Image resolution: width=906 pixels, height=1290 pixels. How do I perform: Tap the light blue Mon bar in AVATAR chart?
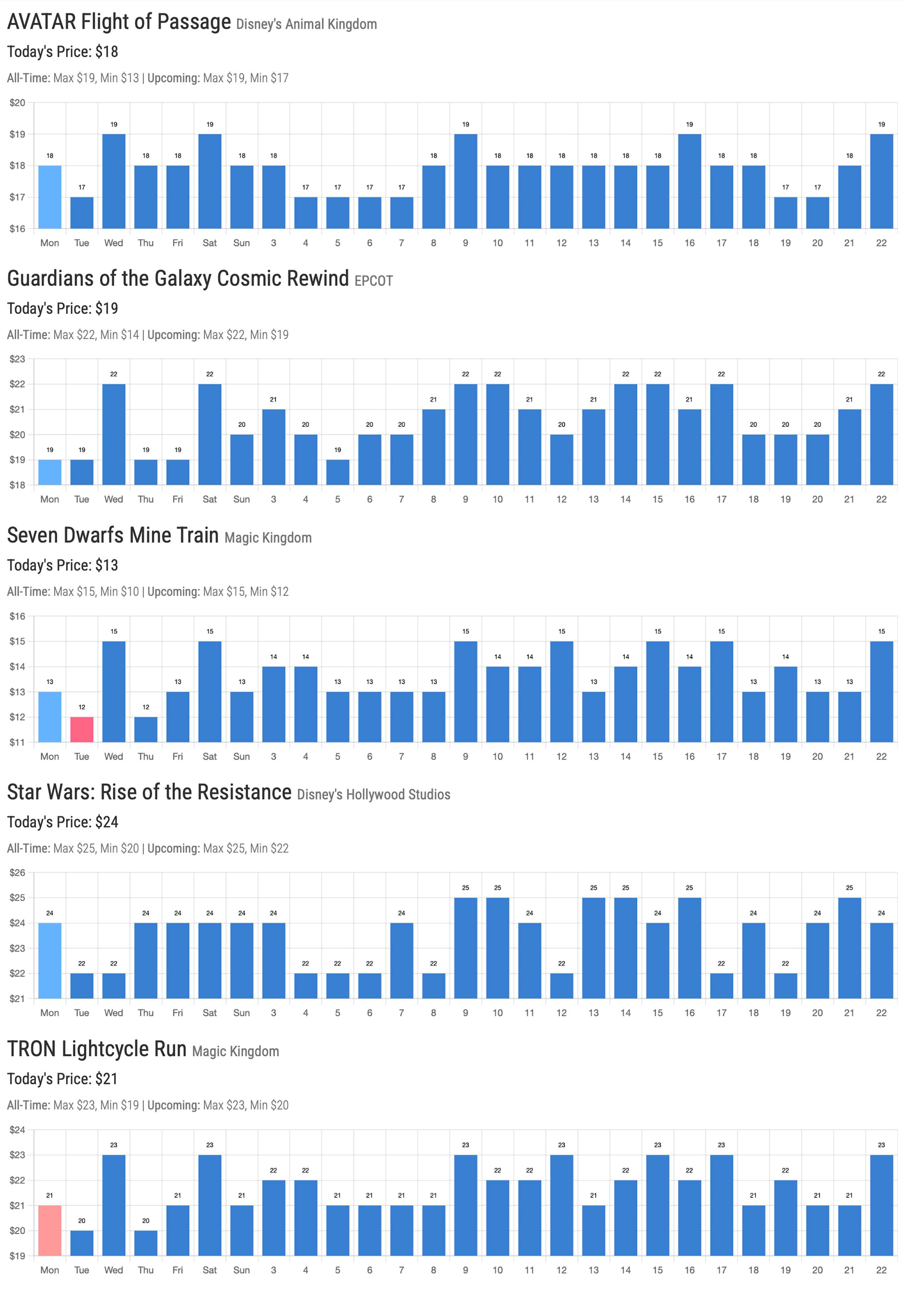(50, 197)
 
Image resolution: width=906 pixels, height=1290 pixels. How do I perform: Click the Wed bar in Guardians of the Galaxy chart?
(114, 434)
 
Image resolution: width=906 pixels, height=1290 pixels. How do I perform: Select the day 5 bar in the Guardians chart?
(338, 472)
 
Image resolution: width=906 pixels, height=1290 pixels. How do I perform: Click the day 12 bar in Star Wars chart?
(562, 986)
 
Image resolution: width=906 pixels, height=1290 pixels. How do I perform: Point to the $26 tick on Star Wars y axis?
(17, 872)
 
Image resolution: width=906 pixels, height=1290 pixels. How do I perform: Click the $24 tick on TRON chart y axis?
(17, 1130)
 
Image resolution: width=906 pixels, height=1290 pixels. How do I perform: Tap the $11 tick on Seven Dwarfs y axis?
(17, 742)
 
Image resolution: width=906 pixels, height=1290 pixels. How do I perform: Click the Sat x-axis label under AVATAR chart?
(210, 243)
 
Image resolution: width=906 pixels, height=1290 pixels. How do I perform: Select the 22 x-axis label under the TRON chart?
(881, 1270)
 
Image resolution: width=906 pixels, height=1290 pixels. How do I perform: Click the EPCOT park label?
(373, 281)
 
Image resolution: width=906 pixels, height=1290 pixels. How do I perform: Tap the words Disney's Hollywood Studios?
(373, 795)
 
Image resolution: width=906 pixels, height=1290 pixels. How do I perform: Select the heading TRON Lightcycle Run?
(97, 1049)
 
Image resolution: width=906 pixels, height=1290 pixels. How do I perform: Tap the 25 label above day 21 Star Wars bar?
(849, 888)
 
